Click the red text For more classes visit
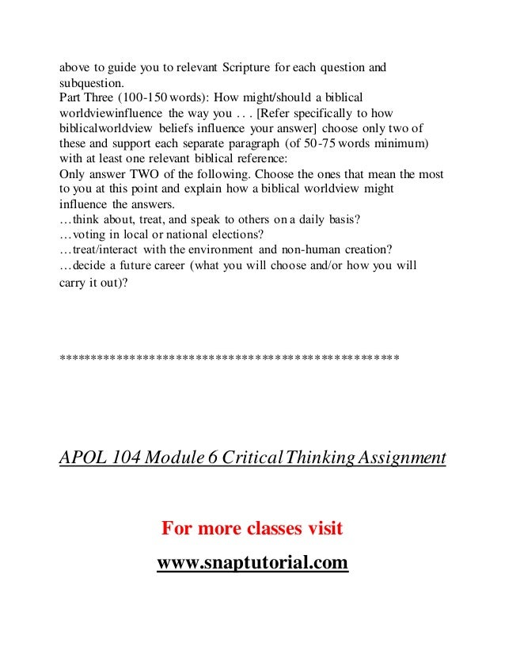(252, 528)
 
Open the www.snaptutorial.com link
(252, 564)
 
